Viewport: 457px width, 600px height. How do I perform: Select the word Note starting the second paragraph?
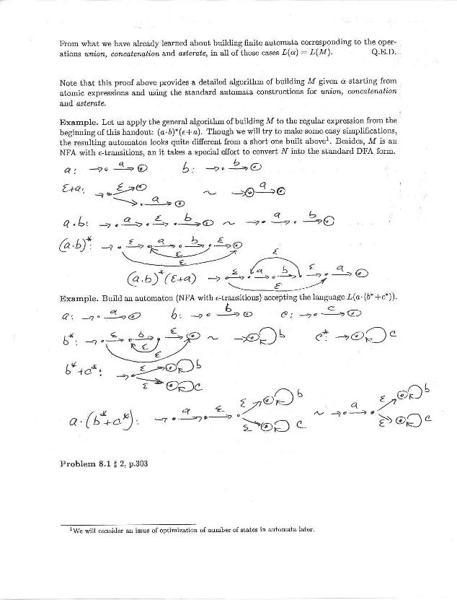coord(70,84)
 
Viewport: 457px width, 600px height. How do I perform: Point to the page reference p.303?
coord(135,464)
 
